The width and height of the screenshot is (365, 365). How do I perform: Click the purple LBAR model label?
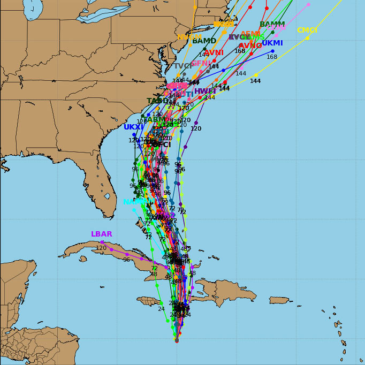tap(101, 234)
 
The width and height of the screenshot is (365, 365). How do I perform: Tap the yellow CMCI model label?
tap(307, 31)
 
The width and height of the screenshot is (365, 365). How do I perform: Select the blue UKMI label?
tap(272, 43)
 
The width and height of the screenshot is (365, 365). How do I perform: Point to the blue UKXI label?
tap(133, 127)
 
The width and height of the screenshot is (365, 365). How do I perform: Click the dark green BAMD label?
tap(204, 41)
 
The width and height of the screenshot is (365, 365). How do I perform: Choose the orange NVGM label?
tap(189, 37)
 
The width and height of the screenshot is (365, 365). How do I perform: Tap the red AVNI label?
tap(214, 53)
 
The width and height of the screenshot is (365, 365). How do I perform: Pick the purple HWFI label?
tap(205, 92)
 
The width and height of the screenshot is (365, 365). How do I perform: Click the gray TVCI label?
tap(183, 66)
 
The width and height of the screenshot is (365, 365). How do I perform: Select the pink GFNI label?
tap(201, 63)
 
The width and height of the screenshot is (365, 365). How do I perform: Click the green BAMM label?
tap(272, 25)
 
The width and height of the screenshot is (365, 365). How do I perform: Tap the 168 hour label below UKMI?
tap(272, 57)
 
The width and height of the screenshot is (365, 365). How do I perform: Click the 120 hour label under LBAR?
tap(101, 248)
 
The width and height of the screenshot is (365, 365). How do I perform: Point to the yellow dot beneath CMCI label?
tap(307, 38)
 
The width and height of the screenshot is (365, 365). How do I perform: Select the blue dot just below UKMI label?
tap(272, 51)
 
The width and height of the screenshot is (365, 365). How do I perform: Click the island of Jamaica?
tap(149, 301)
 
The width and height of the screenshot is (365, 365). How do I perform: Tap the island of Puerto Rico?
tap(279, 300)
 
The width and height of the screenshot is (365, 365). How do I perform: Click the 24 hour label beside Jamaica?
tap(161, 309)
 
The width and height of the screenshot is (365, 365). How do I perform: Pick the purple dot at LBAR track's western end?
tap(102, 242)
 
